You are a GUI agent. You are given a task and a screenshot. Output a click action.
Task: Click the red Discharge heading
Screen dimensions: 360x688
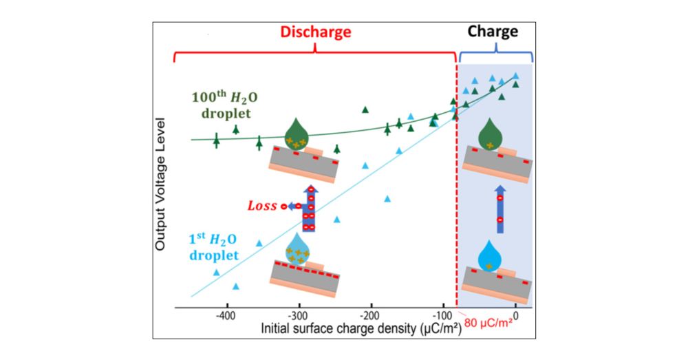click(x=314, y=32)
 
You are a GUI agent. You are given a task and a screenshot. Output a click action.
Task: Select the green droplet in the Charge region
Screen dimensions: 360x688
click(x=489, y=133)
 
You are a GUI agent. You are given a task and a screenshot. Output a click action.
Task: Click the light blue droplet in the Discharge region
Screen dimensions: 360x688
click(x=298, y=247)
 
